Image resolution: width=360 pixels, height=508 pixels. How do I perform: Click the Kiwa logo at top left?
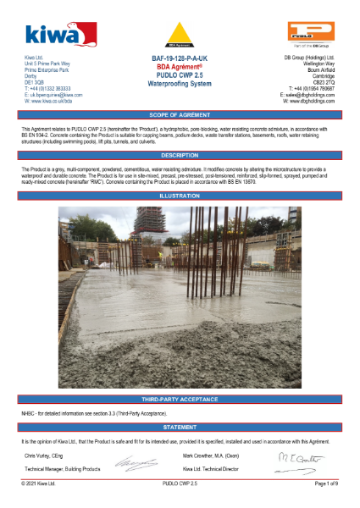(x=52, y=33)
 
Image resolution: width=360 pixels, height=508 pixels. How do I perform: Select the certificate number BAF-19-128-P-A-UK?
(x=179, y=58)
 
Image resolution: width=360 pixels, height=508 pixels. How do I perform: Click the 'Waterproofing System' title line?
(x=179, y=85)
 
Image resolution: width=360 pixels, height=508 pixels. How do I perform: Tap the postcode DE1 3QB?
(x=32, y=84)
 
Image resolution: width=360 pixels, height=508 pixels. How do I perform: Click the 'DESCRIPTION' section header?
(x=180, y=156)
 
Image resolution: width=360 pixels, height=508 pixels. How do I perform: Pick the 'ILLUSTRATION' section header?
(x=180, y=196)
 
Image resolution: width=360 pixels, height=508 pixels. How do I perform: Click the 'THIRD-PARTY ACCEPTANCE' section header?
(x=180, y=398)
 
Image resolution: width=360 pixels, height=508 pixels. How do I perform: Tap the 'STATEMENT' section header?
(x=180, y=428)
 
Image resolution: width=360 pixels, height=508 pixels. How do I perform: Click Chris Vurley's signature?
(x=136, y=464)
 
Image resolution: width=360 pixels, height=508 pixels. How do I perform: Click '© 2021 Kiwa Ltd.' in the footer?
(x=38, y=483)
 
